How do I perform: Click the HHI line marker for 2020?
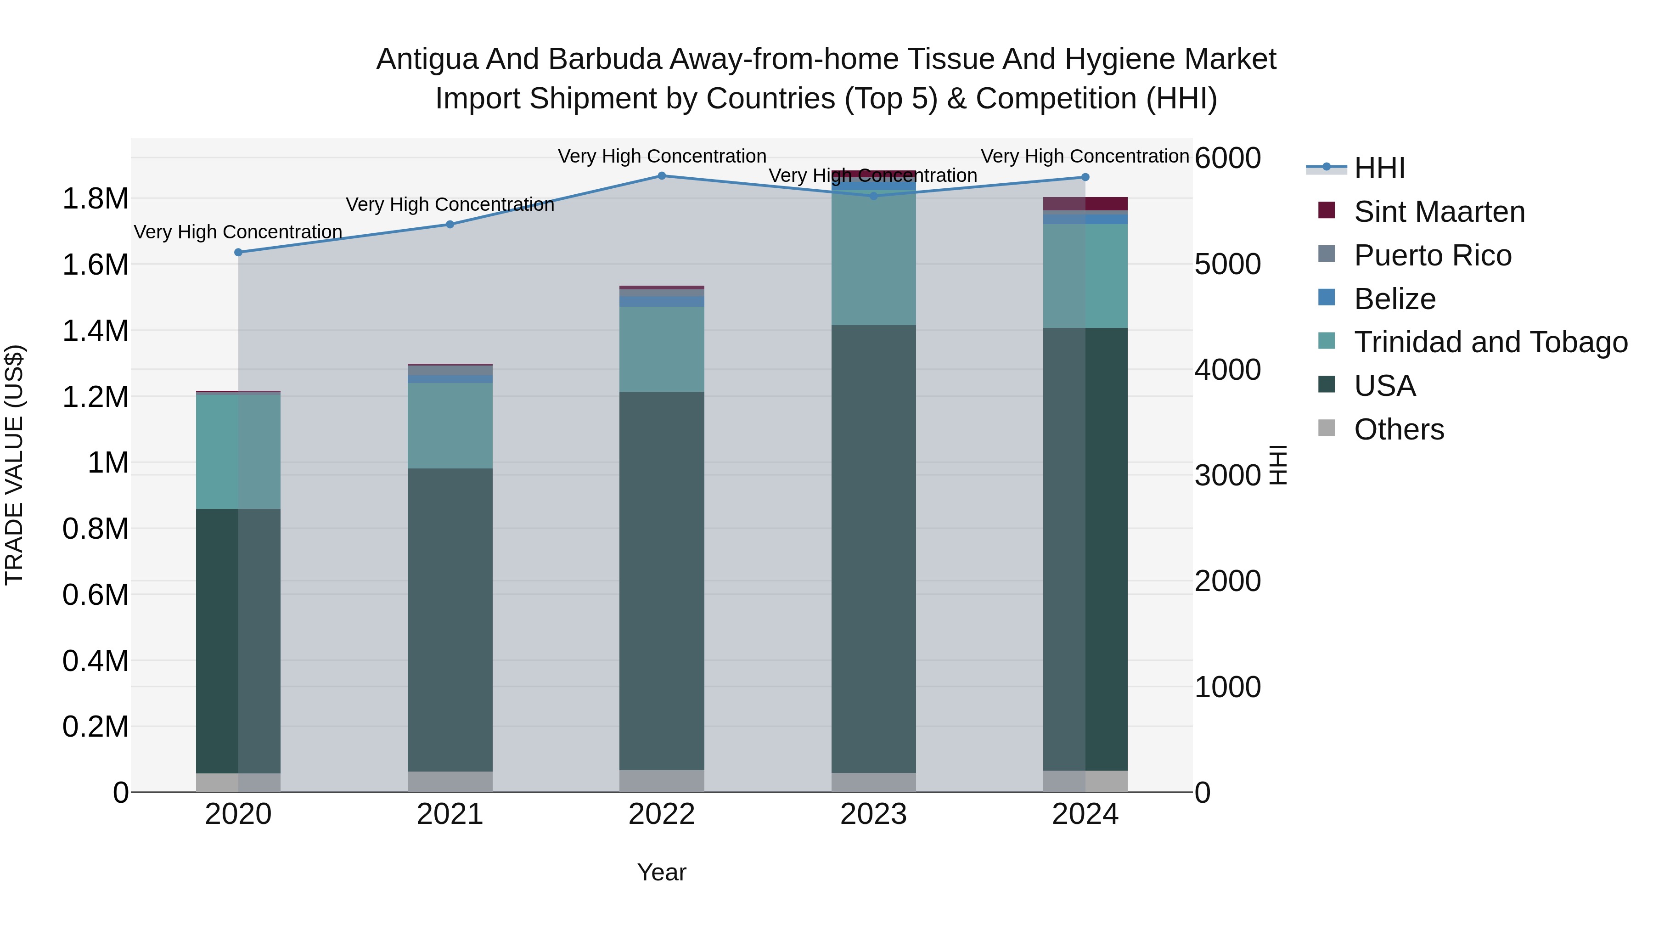[238, 252]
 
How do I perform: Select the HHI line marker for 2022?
[662, 176]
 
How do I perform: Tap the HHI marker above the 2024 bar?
[1085, 177]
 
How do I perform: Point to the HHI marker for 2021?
[450, 225]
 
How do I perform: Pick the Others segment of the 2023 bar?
[873, 783]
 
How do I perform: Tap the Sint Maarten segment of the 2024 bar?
[1085, 203]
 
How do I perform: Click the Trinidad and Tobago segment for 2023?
[873, 257]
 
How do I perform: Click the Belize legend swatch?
[1327, 298]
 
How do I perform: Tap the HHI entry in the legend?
[1380, 168]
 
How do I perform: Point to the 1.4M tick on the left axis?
[96, 331]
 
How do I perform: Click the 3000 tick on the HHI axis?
[1227, 476]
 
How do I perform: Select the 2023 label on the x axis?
[873, 814]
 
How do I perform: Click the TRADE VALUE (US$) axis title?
[15, 465]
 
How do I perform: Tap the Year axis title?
[662, 872]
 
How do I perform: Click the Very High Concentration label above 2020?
[238, 232]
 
